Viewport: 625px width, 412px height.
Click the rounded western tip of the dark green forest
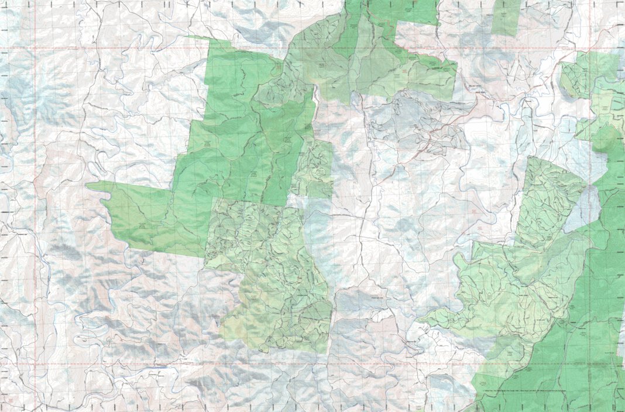click(89, 186)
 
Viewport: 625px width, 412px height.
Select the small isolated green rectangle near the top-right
click(506, 16)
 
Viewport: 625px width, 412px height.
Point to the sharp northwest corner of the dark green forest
click(188, 36)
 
